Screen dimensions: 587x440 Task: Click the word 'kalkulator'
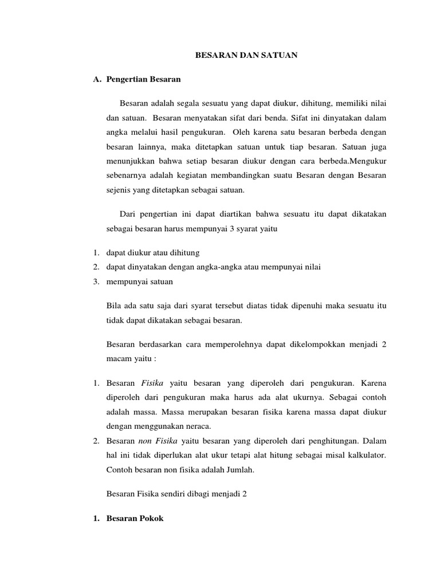[365, 456]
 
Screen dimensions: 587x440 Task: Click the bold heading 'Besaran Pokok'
[135, 518]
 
